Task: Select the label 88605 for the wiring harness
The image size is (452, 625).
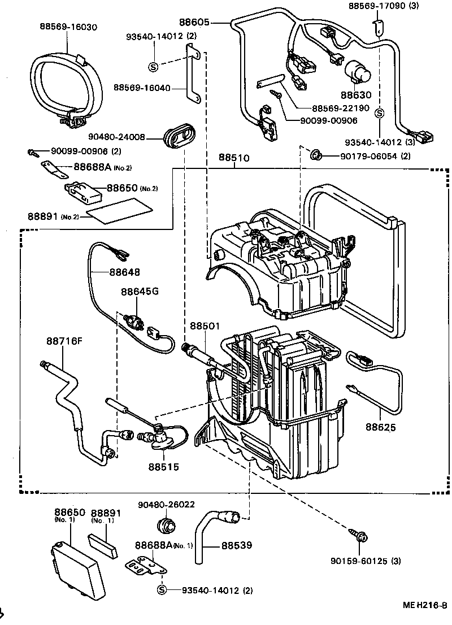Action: pos(210,23)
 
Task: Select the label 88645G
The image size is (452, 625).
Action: pos(140,291)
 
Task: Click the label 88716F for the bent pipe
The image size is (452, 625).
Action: pos(64,341)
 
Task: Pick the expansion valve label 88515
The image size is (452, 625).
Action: pos(164,467)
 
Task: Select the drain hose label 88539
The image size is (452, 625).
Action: pos(236,546)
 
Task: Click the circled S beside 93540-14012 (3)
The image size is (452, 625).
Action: pos(379,112)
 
